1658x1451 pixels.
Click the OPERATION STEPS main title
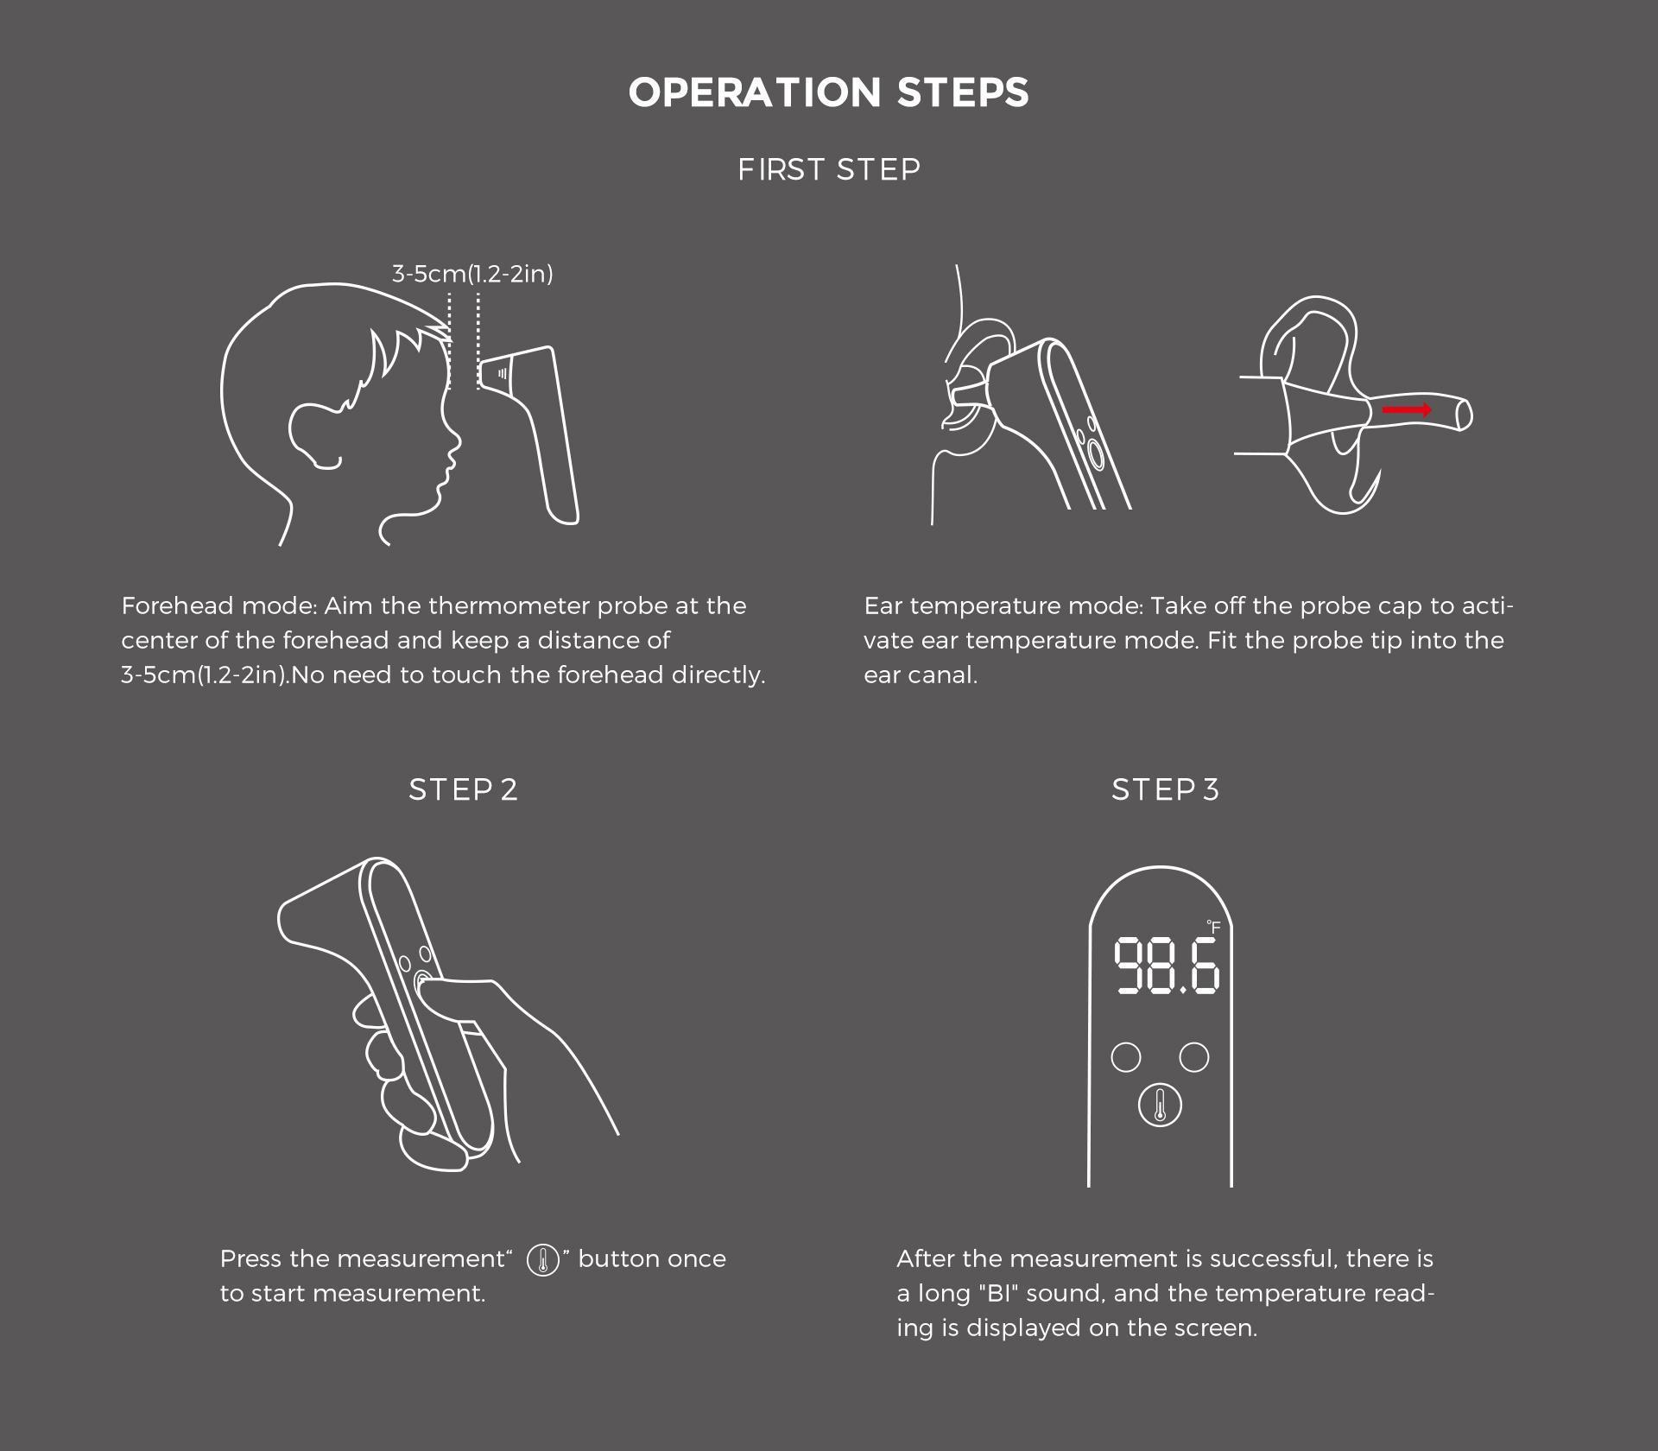[x=829, y=92]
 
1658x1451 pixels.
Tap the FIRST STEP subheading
[x=829, y=169]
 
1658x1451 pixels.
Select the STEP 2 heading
[x=464, y=789]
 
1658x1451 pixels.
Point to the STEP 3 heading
[x=1166, y=789]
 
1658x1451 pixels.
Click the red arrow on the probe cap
[x=1408, y=409]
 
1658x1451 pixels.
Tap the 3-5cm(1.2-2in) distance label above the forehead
[x=472, y=274]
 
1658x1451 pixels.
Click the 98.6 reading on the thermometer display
[x=1166, y=966]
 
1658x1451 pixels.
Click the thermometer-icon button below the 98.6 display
[x=1160, y=1106]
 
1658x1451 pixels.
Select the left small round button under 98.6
[x=1126, y=1057]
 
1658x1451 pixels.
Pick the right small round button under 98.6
[x=1194, y=1057]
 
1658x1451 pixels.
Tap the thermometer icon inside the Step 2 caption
[x=543, y=1260]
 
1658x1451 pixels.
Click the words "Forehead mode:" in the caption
[x=219, y=605]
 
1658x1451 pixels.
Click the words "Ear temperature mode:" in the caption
[x=1003, y=607]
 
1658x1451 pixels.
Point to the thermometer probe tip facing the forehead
[x=497, y=373]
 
